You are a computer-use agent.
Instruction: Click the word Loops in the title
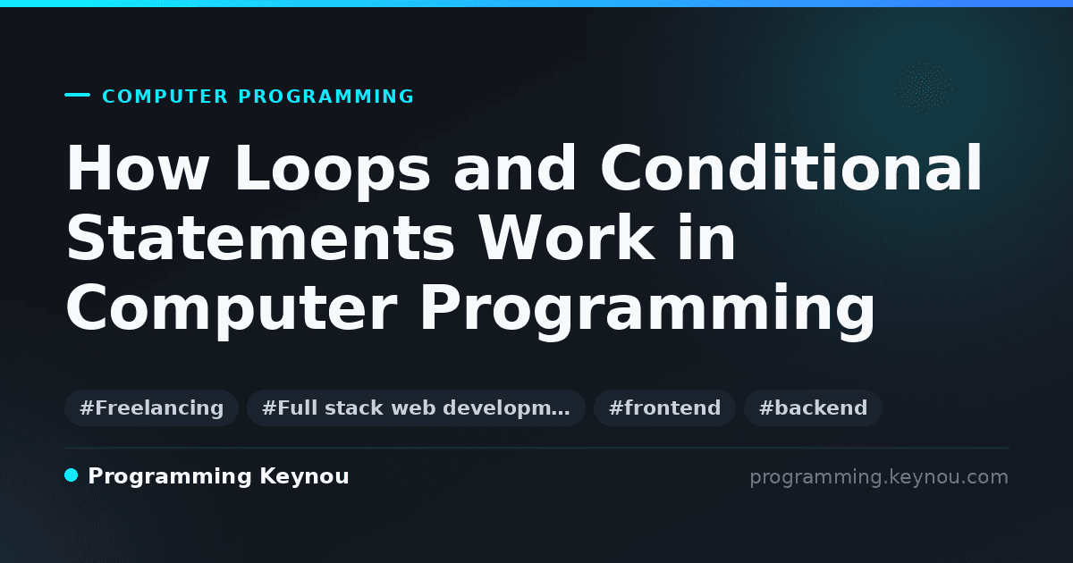pyautogui.click(x=333, y=171)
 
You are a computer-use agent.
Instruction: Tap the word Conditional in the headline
pyautogui.click(x=791, y=168)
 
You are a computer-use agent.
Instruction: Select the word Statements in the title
pyautogui.click(x=260, y=238)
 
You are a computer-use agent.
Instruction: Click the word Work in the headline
pyautogui.click(x=567, y=238)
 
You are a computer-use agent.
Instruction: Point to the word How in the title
pyautogui.click(x=138, y=168)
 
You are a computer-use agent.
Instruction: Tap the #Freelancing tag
pyautogui.click(x=151, y=408)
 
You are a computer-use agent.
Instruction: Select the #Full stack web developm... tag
pyautogui.click(x=416, y=408)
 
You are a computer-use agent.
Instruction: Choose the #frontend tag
pyautogui.click(x=664, y=408)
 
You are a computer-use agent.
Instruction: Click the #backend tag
pyautogui.click(x=813, y=408)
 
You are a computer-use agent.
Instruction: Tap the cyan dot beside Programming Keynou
pyautogui.click(x=72, y=475)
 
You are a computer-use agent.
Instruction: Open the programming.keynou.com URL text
pyautogui.click(x=879, y=477)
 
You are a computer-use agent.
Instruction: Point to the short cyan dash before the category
pyautogui.click(x=77, y=95)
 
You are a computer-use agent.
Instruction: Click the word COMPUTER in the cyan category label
pyautogui.click(x=165, y=97)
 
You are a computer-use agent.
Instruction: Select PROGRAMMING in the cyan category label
pyautogui.click(x=326, y=97)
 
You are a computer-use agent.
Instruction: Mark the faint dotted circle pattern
pyautogui.click(x=924, y=88)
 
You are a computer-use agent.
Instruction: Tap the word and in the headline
pyautogui.click(x=515, y=168)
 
